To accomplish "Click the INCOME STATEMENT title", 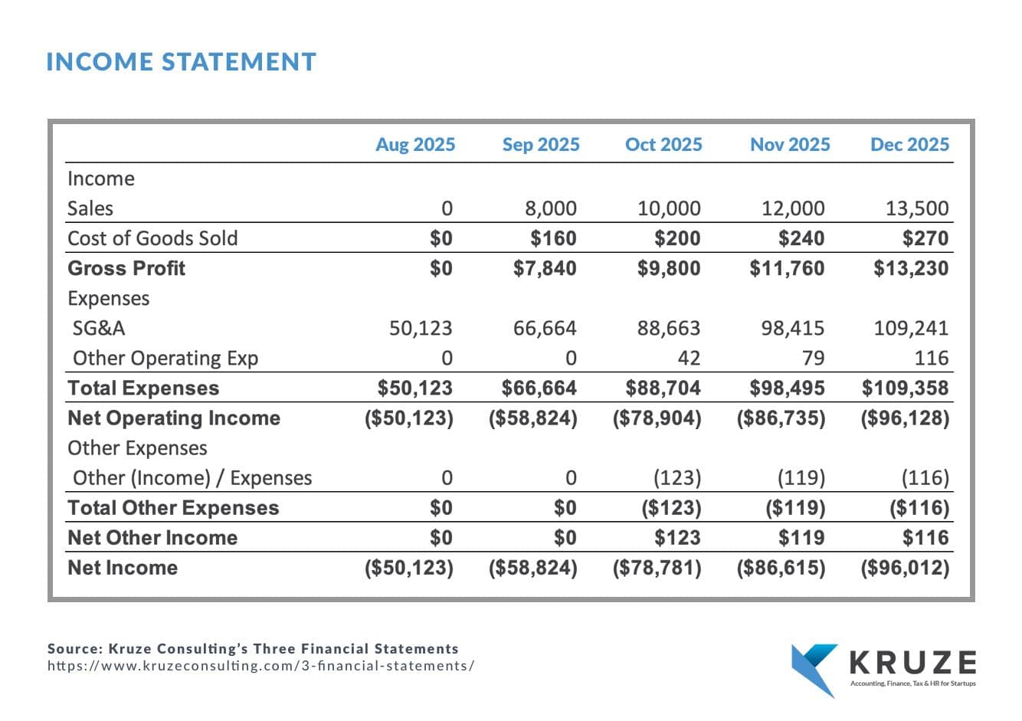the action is [181, 61].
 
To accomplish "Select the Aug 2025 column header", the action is [415, 145].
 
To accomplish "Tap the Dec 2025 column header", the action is [909, 145].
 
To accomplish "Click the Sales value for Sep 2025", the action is [551, 208].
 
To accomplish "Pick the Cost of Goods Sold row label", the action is [152, 238].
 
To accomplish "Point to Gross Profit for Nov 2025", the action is [787, 268].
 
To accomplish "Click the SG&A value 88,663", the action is [669, 328].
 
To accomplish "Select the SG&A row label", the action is [99, 328].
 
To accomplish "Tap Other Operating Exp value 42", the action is [689, 359].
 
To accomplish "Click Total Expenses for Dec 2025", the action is [906, 388].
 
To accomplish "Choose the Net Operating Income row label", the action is [174, 418].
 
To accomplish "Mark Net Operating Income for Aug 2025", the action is [409, 418].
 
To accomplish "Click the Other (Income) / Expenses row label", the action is [192, 478].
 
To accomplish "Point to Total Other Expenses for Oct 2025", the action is [671, 508].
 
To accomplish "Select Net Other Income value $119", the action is [801, 538].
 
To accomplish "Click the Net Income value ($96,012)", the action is [906, 568].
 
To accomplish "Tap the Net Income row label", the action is [123, 568].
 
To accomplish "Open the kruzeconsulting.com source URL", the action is [260, 666].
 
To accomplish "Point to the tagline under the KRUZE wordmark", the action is [913, 683].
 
